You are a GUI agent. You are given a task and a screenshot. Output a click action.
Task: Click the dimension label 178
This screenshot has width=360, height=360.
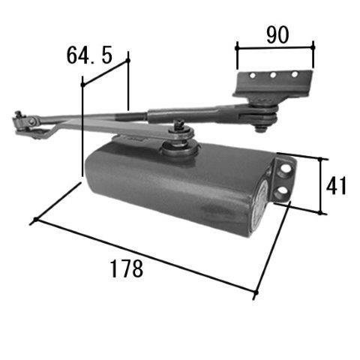[127, 268]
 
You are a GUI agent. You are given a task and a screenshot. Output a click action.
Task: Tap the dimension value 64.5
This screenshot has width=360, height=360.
[89, 55]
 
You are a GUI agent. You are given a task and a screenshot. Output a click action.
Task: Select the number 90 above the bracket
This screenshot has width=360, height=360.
[277, 35]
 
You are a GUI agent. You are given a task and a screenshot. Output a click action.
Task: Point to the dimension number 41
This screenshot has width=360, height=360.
[336, 185]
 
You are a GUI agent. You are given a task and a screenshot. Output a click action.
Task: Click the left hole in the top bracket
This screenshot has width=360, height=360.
[253, 75]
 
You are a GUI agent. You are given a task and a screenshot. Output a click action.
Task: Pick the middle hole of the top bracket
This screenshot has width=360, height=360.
[273, 75]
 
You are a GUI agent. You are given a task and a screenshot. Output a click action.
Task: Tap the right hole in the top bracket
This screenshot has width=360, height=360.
[295, 74]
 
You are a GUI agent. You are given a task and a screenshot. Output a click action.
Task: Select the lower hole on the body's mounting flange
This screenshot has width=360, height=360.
[283, 191]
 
